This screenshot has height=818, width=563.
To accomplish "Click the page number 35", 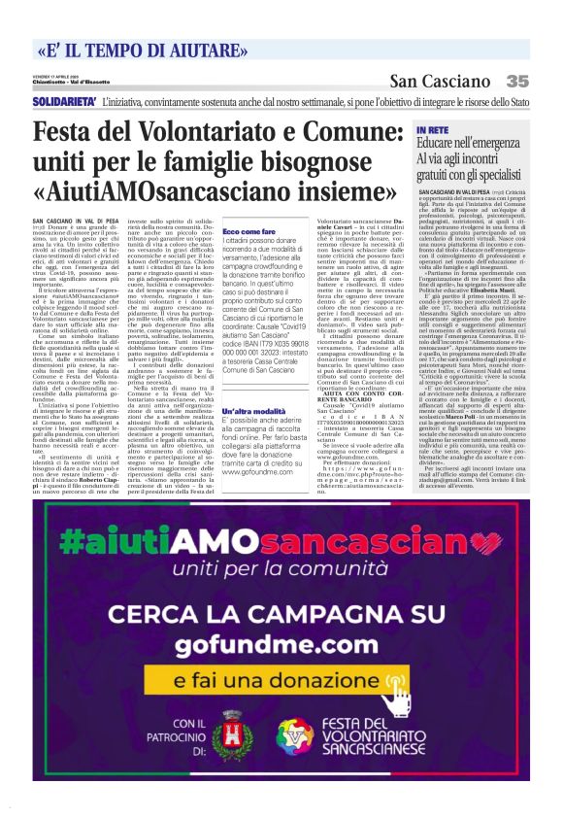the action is click(516, 82).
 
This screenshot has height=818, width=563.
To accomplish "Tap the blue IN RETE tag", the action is click(432, 128).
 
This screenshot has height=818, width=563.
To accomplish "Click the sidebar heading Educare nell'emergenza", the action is click(467, 141).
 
